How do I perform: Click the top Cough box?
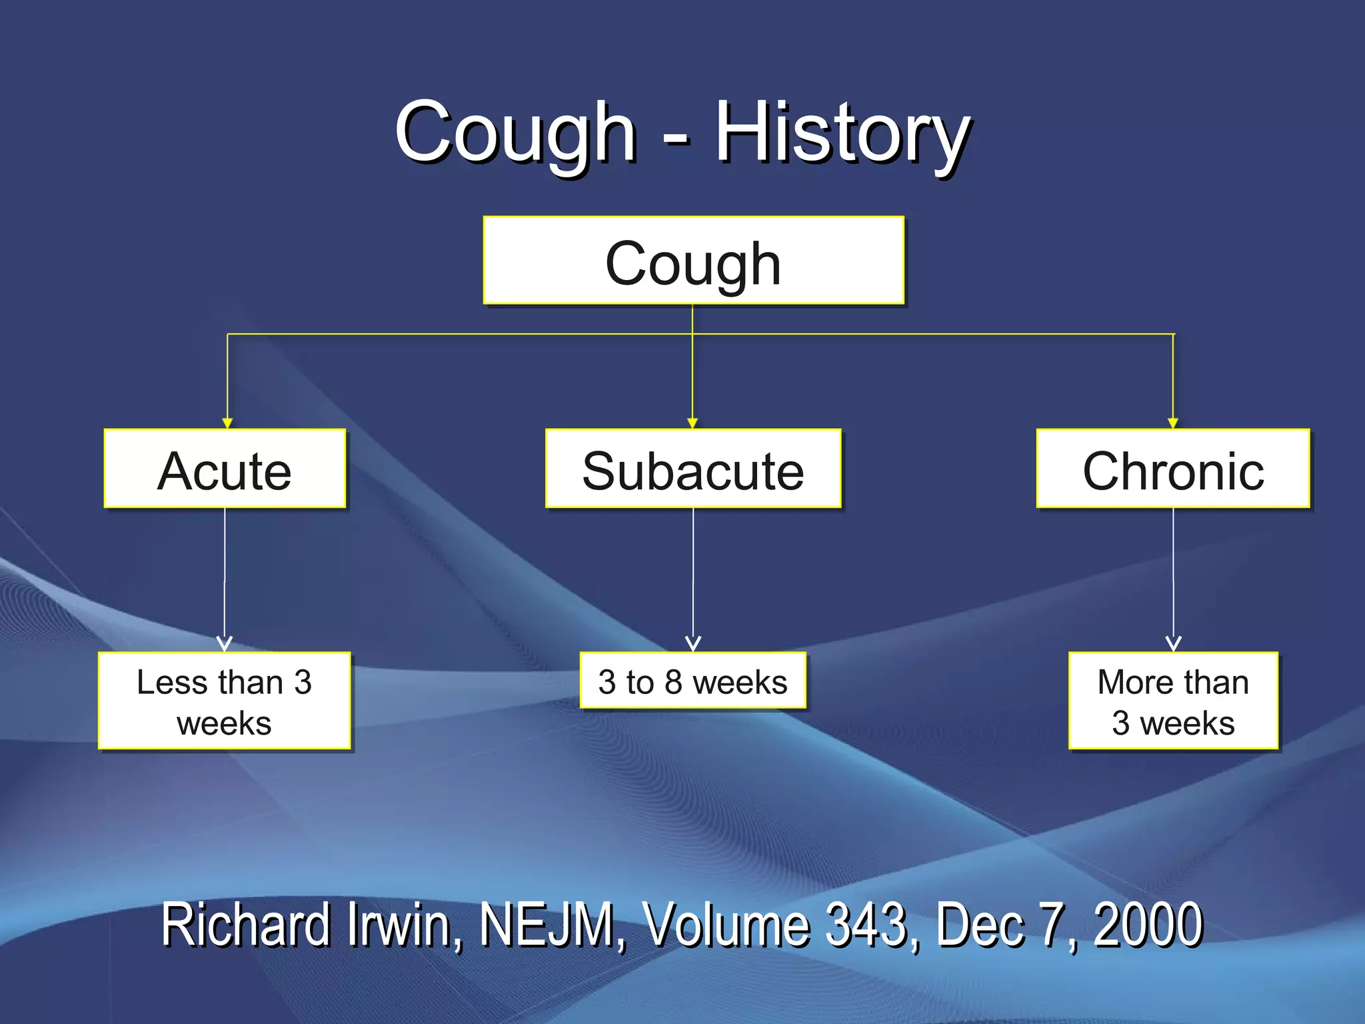(693, 261)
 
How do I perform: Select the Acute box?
(225, 469)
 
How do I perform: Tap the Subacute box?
(693, 469)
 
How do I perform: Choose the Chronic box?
(1173, 469)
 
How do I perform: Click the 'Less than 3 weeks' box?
(225, 701)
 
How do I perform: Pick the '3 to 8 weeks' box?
(693, 681)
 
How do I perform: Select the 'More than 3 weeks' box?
(1173, 701)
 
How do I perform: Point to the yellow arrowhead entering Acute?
(227, 423)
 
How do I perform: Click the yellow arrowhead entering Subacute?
(692, 423)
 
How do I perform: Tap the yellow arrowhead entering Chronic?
(1173, 423)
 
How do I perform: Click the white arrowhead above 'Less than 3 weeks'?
(225, 643)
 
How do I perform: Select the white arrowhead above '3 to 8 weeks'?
(693, 643)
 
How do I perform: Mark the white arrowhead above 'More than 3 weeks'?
(1174, 643)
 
